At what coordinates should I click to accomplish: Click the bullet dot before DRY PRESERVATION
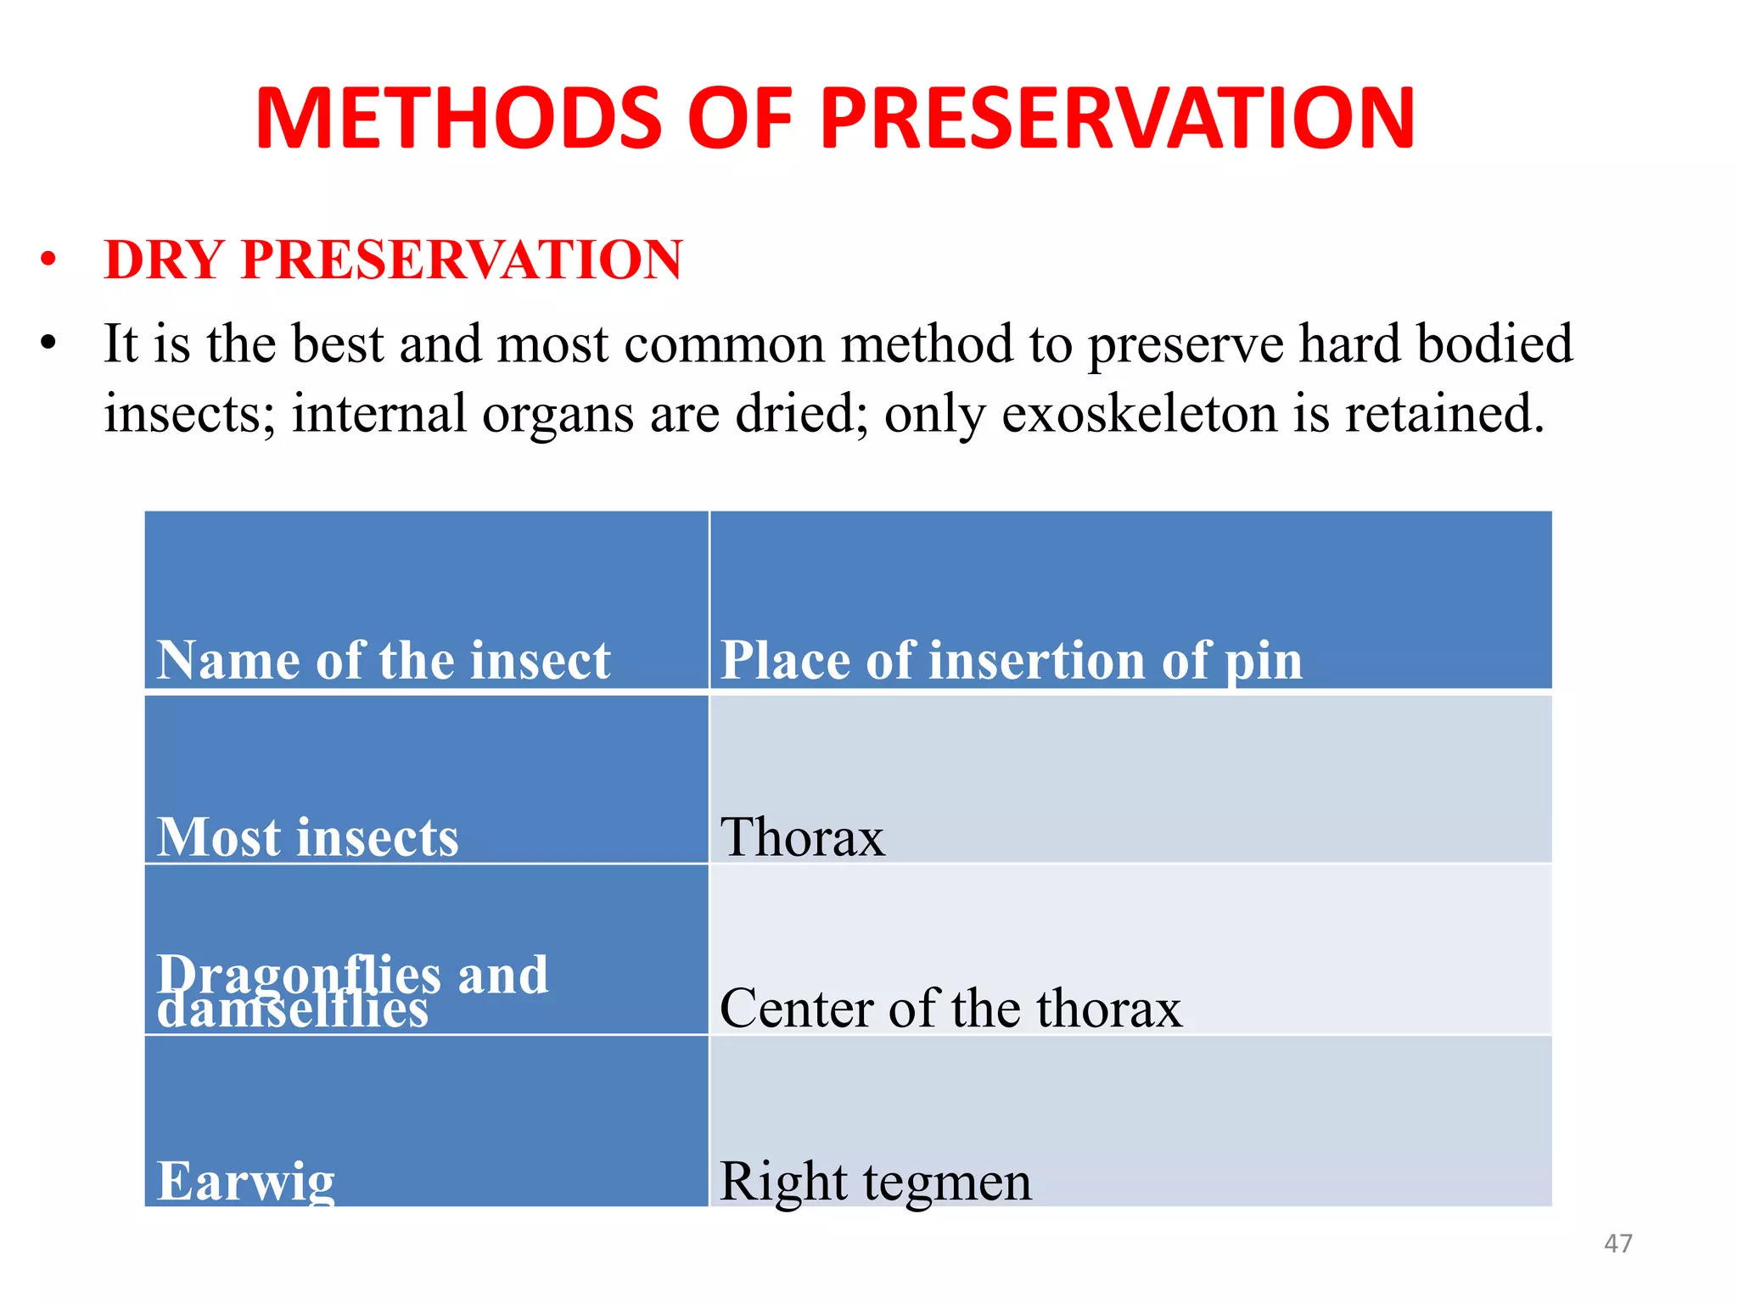click(x=48, y=260)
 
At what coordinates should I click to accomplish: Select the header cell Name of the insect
click(x=384, y=660)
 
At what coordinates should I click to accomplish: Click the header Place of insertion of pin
click(x=1011, y=660)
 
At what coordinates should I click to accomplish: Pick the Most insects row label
click(x=307, y=837)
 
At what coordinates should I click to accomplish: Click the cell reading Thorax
click(x=802, y=837)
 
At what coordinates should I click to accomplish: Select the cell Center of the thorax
click(x=950, y=1009)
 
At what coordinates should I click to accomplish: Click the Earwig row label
click(x=246, y=1181)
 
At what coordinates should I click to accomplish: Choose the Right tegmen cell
click(x=875, y=1181)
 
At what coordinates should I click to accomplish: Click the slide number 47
click(x=1617, y=1244)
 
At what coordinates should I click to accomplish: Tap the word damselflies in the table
click(x=293, y=1012)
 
